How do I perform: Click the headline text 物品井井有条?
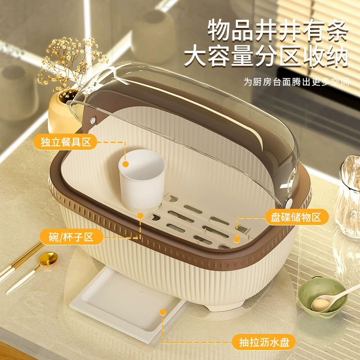[x=278, y=30]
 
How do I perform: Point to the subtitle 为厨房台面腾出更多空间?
[x=297, y=82]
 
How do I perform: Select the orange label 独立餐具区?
[x=65, y=142]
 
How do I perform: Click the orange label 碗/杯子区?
[x=71, y=237]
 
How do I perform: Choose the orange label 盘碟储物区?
[x=297, y=217]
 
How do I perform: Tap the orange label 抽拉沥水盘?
[x=264, y=342]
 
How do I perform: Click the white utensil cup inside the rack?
[x=142, y=179]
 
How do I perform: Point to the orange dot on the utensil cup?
[x=126, y=164]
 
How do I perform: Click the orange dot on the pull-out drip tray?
[x=163, y=312]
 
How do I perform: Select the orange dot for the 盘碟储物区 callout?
[x=237, y=240]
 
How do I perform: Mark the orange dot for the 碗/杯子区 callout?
[x=140, y=216]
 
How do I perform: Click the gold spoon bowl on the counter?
[x=48, y=259]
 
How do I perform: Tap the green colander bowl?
[x=323, y=297]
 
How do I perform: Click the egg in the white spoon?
[x=321, y=305]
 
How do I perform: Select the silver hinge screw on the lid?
[x=93, y=121]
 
